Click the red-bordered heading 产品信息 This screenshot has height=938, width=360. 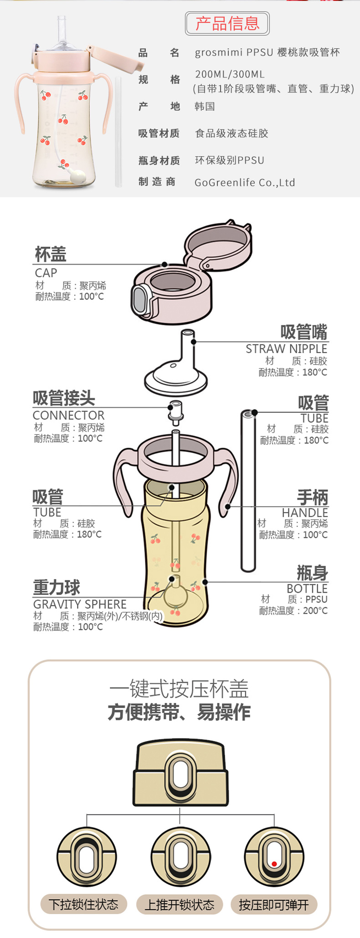pos(227,24)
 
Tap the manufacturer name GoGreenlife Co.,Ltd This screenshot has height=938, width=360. pos(245,183)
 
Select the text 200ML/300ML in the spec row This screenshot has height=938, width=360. pos(230,74)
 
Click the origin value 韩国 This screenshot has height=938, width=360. pos(205,107)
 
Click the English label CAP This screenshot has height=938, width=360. pos(46,273)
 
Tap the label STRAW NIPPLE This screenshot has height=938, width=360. pos(286,349)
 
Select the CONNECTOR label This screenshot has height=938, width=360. pos(68,415)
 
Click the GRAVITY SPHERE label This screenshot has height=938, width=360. pos(80,605)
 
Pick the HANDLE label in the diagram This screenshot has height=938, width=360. pos(304,513)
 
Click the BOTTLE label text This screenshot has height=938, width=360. pos(307,589)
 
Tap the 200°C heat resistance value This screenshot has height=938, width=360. pos(315,611)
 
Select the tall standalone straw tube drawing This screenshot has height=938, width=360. pos(248,490)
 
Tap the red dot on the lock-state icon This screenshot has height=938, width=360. pos(274,864)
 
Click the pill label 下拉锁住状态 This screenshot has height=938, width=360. pos(84,904)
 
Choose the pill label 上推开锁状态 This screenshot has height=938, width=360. pos(180,905)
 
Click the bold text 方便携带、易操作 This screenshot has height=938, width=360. pos(179,712)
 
